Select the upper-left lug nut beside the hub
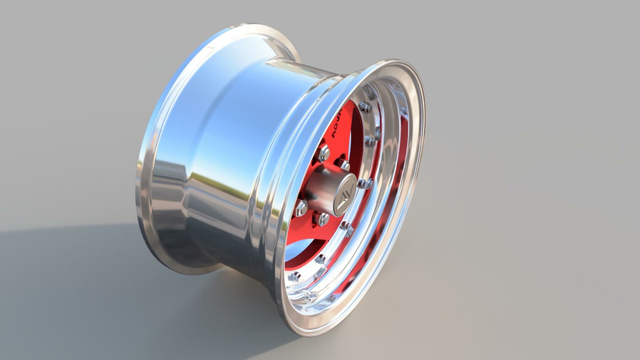pyautogui.click(x=324, y=152)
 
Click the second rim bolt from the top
pyautogui.click(x=370, y=140)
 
